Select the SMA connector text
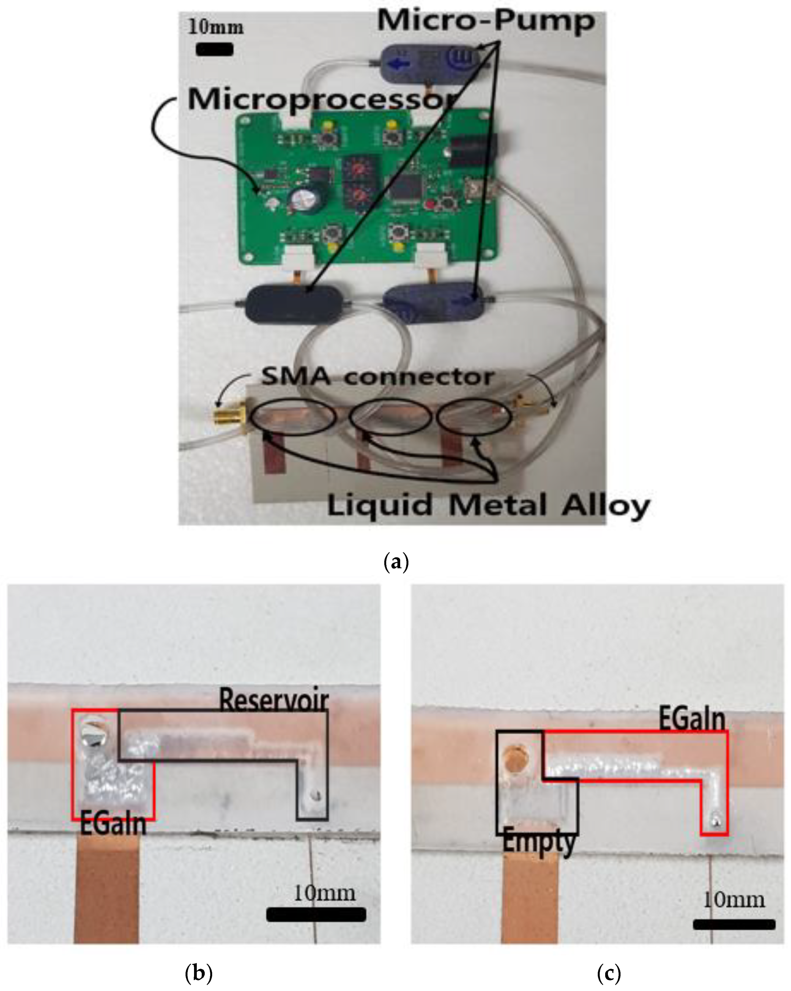pos(377,377)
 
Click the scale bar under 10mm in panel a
pos(214,49)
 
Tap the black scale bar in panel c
pos(733,924)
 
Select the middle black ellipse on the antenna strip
pos(390,417)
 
